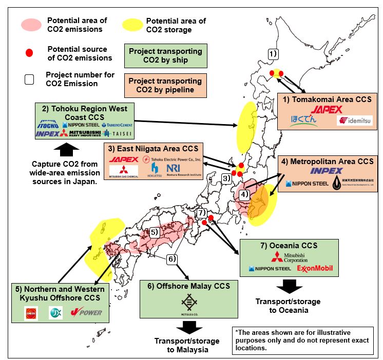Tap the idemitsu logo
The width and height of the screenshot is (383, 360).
pos(355,121)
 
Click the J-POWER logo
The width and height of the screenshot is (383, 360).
pos(86,312)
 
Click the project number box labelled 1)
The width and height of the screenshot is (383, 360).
pos(273,53)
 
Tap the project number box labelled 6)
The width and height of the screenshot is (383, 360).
pos(172,259)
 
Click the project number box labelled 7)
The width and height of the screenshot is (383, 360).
pos(202,212)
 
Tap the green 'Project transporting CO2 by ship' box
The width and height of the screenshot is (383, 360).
pos(165,55)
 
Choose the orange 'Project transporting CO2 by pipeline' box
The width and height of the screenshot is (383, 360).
pos(165,85)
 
